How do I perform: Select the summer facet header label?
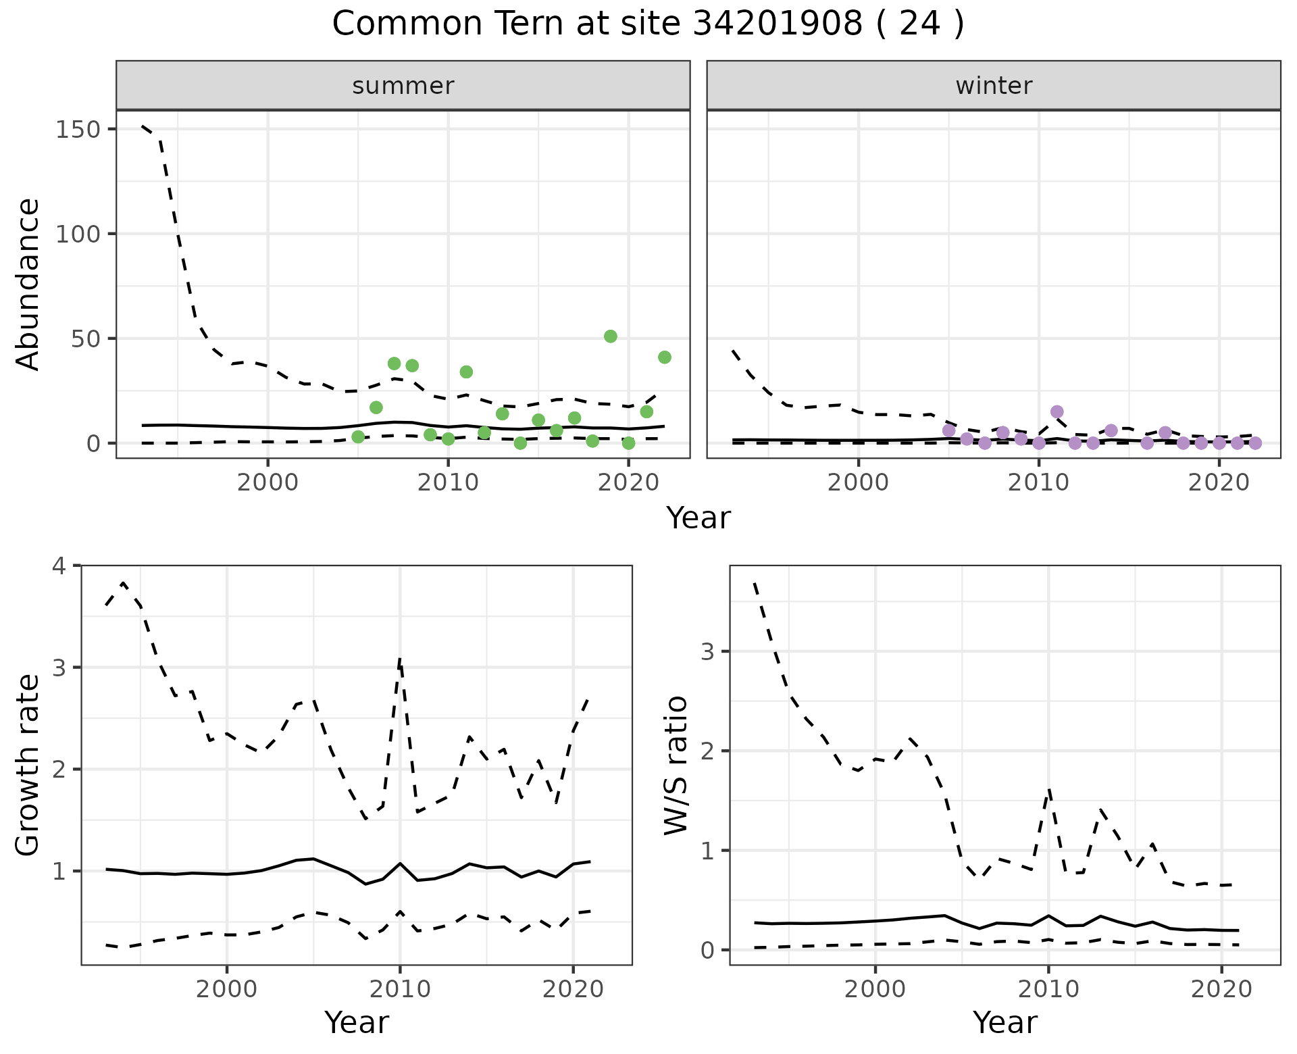point(403,86)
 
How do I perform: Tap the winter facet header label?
point(994,86)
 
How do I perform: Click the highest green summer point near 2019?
point(611,336)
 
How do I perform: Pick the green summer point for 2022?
point(665,357)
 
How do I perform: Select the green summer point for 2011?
point(466,372)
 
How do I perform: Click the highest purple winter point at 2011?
point(1057,411)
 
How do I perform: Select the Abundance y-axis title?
point(28,284)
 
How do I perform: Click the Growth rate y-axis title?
point(28,765)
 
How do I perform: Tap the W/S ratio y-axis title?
point(676,765)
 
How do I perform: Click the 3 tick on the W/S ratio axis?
point(707,651)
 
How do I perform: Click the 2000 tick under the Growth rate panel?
point(227,989)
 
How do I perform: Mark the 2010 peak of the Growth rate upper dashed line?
point(400,658)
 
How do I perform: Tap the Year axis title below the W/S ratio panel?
point(1004,1022)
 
